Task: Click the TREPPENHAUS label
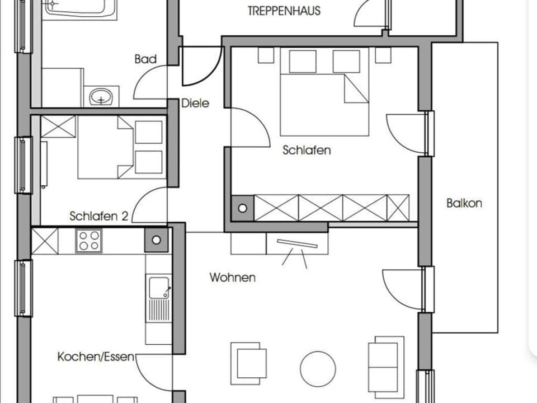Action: point(284,11)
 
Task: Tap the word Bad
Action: point(145,59)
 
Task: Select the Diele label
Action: point(195,103)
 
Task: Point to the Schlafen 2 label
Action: point(98,216)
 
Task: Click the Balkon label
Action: point(464,203)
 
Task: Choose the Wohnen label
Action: point(233,277)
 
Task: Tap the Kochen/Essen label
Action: point(96,357)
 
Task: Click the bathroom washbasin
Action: point(101,97)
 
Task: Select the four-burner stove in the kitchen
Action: point(89,241)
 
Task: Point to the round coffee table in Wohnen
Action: point(318,369)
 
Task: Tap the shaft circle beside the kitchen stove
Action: point(157,240)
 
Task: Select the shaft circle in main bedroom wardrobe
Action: point(242,208)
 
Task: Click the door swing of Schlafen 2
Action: point(150,206)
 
